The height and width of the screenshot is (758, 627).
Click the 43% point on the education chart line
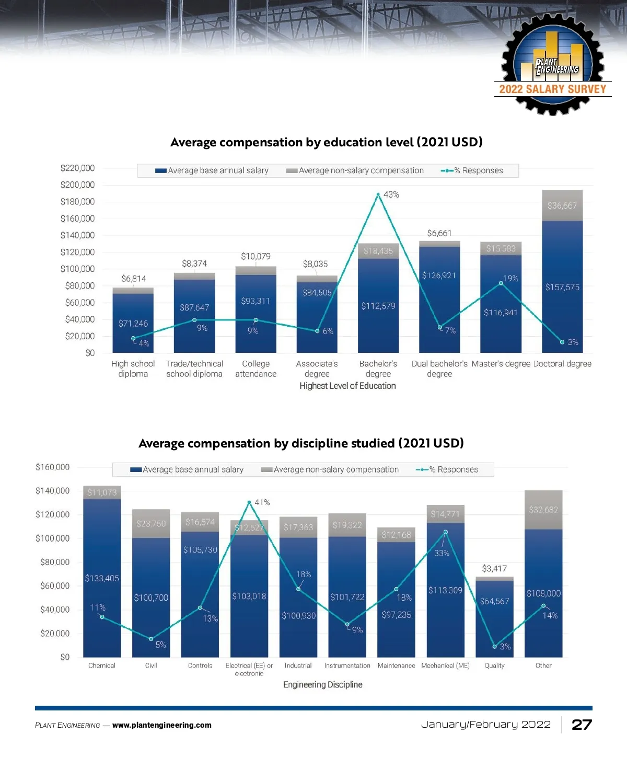[378, 194]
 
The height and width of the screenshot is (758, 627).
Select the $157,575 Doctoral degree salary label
[562, 287]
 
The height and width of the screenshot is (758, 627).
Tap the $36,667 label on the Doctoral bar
[562, 205]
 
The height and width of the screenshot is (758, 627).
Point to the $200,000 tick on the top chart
[77, 185]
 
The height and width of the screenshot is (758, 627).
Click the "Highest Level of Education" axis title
[347, 386]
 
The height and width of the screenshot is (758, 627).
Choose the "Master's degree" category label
[501, 364]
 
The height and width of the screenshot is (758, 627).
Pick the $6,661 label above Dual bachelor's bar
[439, 233]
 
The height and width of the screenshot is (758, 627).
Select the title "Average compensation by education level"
[326, 142]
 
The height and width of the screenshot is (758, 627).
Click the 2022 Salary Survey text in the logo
[552, 89]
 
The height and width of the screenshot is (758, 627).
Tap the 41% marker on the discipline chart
[249, 502]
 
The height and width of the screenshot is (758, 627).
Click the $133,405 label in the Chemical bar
[102, 578]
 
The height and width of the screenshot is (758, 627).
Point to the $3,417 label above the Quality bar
[494, 568]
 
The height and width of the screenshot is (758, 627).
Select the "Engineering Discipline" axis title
[322, 685]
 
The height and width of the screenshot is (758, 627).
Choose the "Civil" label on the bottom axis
[151, 665]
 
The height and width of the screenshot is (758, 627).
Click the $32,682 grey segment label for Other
[543, 510]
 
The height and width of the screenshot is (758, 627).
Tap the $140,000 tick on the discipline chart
[52, 491]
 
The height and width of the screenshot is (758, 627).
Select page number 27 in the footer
[582, 725]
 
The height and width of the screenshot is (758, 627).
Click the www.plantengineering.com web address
[162, 725]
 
